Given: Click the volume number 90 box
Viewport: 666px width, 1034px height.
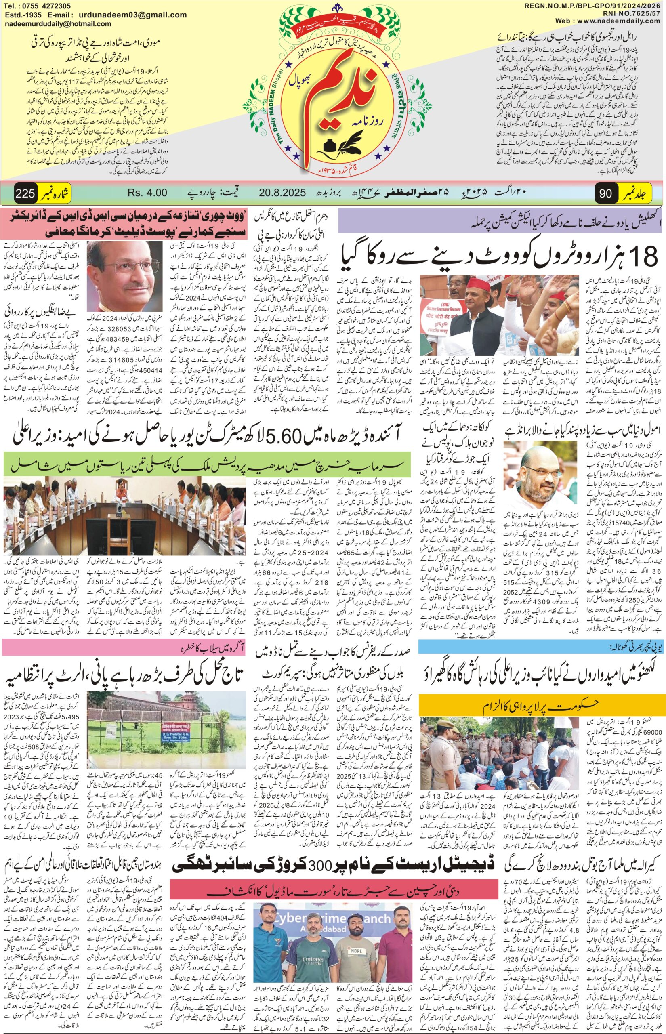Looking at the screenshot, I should tap(605, 193).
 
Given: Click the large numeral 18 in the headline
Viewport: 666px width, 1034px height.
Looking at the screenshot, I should tap(636, 256).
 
